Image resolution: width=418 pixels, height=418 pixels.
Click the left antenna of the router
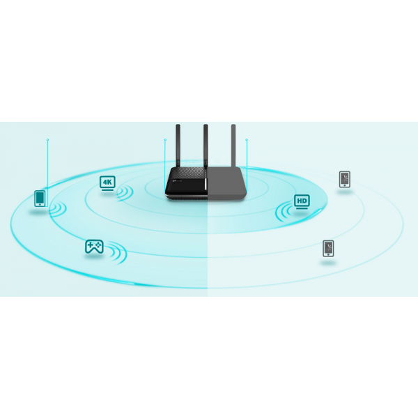[x=178, y=146]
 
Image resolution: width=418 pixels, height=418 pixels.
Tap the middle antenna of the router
[x=206, y=146]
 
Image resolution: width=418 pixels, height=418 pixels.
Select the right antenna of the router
[x=233, y=146]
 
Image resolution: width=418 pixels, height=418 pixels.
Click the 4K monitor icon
[x=107, y=183]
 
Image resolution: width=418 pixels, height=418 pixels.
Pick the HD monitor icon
[x=302, y=201]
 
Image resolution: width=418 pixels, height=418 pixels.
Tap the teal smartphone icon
[x=40, y=199]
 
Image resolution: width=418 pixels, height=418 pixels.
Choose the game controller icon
[x=94, y=247]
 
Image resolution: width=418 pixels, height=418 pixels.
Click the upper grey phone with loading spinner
[x=345, y=179]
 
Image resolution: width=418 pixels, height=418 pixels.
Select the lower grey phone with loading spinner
[x=328, y=249]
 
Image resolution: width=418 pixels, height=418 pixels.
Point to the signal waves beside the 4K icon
[x=125, y=193]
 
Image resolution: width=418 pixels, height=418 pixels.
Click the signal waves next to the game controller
[x=118, y=252]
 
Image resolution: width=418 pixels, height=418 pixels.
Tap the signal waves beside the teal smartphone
[x=57, y=209]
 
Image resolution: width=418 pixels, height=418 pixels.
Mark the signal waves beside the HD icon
[x=284, y=212]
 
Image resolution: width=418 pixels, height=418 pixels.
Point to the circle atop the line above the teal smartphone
[x=47, y=139]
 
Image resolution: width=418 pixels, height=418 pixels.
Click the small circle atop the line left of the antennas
[x=165, y=139]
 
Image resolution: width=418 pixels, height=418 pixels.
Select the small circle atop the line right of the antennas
[x=247, y=139]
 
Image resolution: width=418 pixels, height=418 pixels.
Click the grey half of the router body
[x=226, y=183]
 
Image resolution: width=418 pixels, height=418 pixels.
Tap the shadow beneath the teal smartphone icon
[x=38, y=212]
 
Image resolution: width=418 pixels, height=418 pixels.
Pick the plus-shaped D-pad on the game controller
[x=91, y=245]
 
